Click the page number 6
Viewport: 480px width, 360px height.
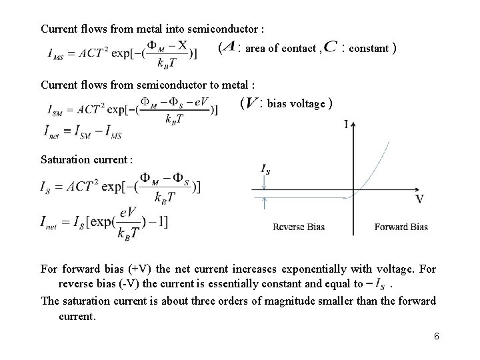tap(436, 336)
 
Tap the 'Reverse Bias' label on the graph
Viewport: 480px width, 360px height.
tap(299, 227)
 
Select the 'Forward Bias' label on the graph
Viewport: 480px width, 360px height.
tap(401, 227)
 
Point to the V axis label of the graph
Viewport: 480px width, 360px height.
tap(420, 199)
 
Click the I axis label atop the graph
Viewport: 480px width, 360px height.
tap(347, 124)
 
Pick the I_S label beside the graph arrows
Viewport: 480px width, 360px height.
tap(265, 171)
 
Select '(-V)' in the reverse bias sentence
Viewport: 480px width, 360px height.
tap(131, 284)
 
